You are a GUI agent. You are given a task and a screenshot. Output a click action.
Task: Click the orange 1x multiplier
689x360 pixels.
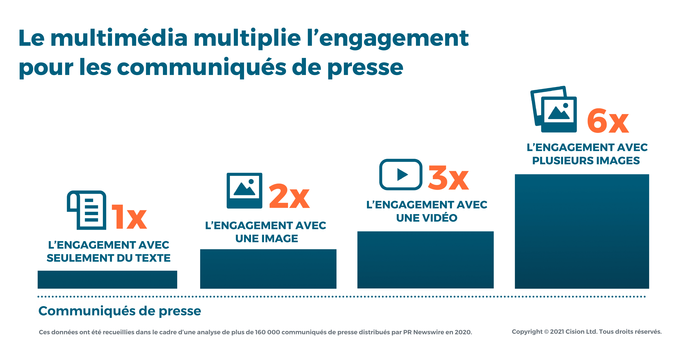(129, 217)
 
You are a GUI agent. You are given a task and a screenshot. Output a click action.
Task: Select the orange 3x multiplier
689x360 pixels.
(448, 178)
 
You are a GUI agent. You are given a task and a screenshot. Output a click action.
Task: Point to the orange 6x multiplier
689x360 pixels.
(608, 121)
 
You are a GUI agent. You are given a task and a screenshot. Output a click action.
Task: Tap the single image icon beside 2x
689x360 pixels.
(244, 190)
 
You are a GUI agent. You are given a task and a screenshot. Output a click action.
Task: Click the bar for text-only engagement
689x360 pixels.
(107, 280)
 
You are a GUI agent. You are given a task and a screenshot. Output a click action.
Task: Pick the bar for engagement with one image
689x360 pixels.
(268, 269)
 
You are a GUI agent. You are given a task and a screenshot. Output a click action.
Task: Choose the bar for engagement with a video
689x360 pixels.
(425, 260)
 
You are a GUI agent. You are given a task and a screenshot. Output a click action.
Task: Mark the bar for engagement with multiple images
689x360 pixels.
(582, 231)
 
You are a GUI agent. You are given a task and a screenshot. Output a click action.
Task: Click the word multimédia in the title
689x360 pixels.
(119, 38)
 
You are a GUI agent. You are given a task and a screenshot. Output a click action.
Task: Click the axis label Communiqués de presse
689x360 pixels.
(120, 311)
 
